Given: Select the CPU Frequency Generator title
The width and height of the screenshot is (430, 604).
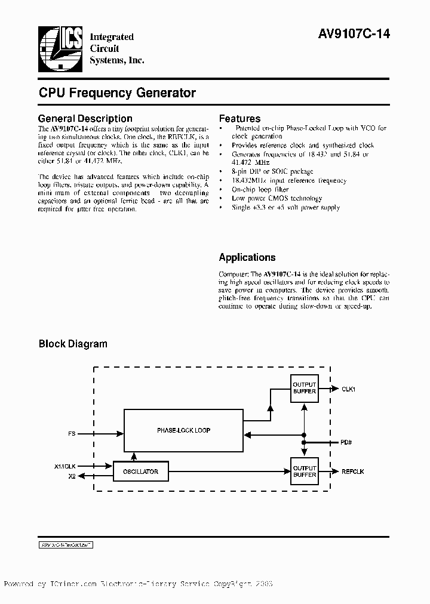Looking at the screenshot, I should [x=117, y=93].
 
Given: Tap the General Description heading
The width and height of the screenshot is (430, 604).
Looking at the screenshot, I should [x=85, y=119].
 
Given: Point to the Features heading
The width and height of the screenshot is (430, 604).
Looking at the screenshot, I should [x=239, y=119].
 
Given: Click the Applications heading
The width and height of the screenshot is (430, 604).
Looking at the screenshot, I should [x=247, y=258].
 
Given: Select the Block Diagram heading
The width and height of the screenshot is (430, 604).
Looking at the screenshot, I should [x=73, y=344].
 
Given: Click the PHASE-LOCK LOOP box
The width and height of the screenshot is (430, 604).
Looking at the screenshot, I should [x=183, y=430].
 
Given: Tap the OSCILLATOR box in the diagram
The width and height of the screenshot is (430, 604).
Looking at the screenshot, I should [x=141, y=472].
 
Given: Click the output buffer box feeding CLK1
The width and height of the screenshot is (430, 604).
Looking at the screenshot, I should [x=305, y=388].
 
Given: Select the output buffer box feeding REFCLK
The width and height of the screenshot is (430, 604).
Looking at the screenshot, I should [x=305, y=472].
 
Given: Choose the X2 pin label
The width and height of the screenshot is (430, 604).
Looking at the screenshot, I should [x=72, y=476].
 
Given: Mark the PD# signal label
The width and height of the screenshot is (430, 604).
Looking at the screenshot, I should [x=346, y=443].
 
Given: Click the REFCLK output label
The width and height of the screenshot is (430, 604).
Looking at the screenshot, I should [x=352, y=472].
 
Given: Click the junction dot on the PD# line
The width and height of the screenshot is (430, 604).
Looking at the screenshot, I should [x=305, y=443].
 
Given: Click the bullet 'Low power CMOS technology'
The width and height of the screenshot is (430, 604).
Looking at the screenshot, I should [x=277, y=198].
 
